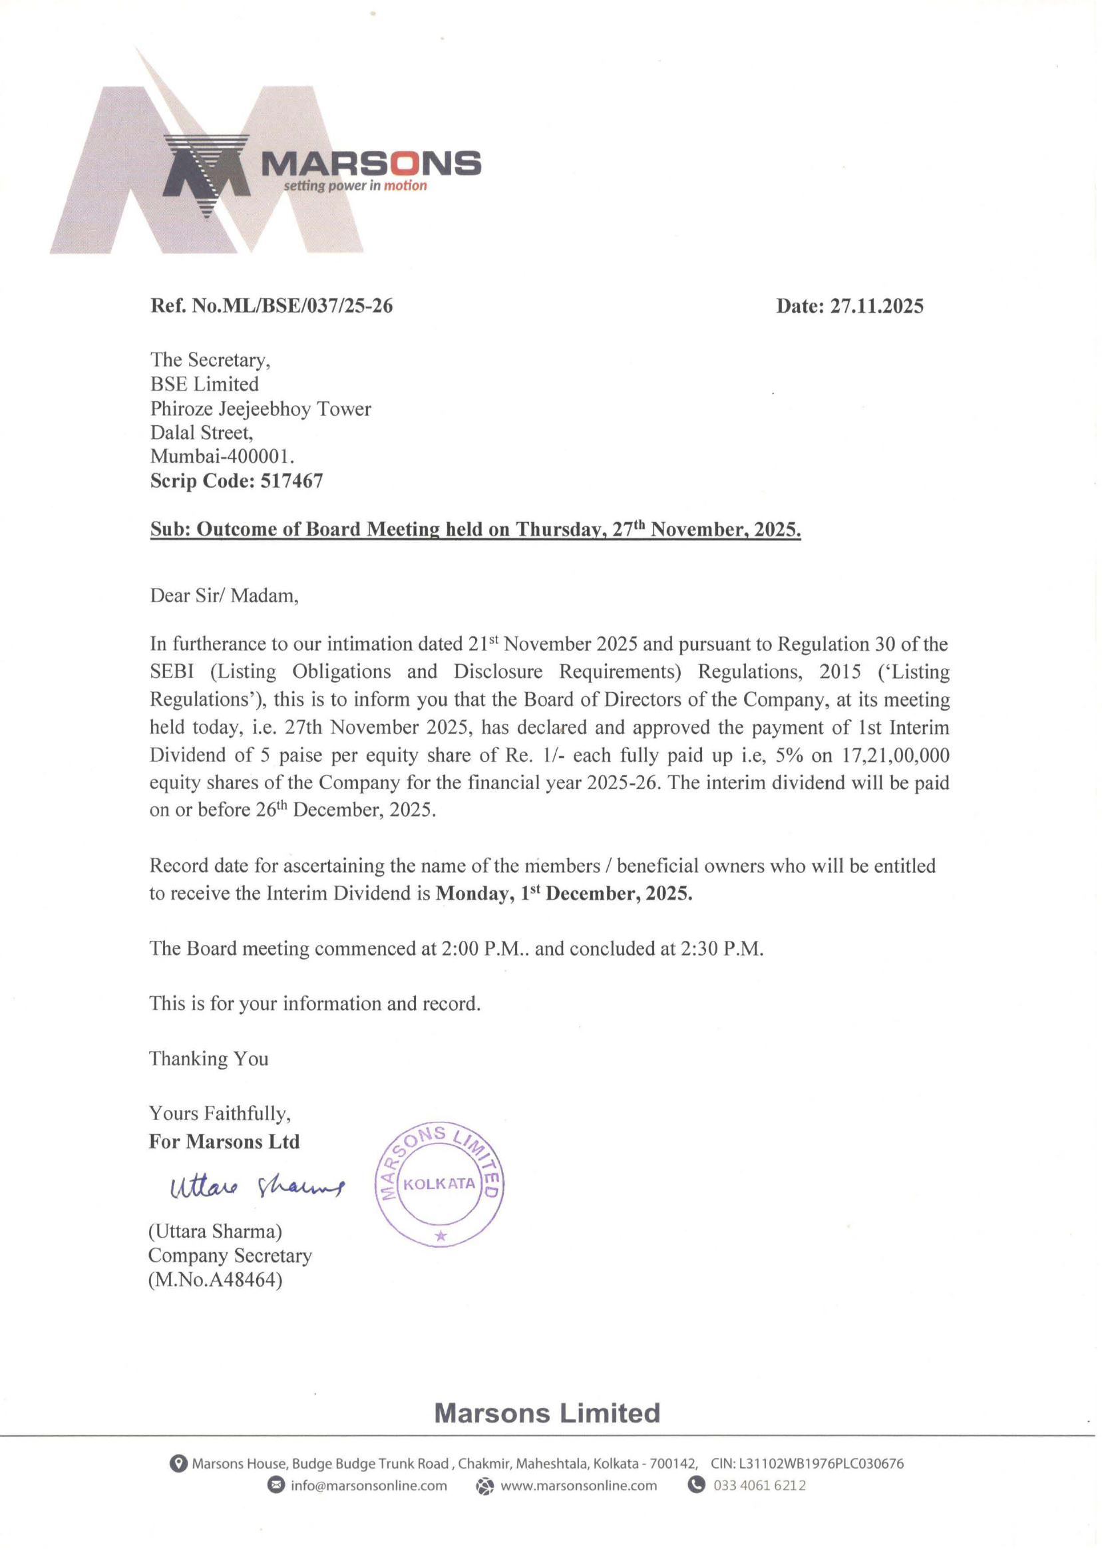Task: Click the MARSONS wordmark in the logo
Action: click(371, 164)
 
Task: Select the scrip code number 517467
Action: click(291, 481)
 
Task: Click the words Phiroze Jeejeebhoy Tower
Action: click(261, 409)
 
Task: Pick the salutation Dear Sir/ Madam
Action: click(224, 596)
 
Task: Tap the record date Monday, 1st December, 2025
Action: click(564, 894)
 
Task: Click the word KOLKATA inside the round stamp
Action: click(439, 1184)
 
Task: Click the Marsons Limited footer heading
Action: click(547, 1413)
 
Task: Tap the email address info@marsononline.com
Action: click(369, 1486)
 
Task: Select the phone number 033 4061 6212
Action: click(759, 1485)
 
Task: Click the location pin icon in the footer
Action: click(178, 1463)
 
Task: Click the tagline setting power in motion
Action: click(355, 186)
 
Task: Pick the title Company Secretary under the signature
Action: click(230, 1256)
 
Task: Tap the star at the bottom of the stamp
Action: click(441, 1236)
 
